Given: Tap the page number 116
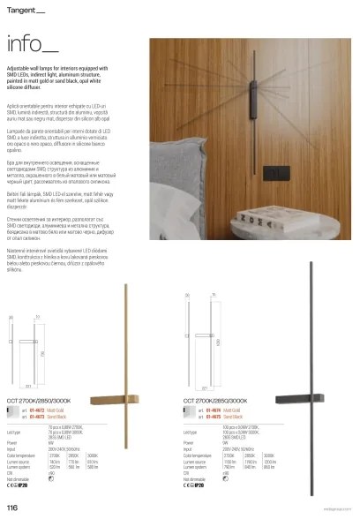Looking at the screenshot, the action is [x=12, y=508].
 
